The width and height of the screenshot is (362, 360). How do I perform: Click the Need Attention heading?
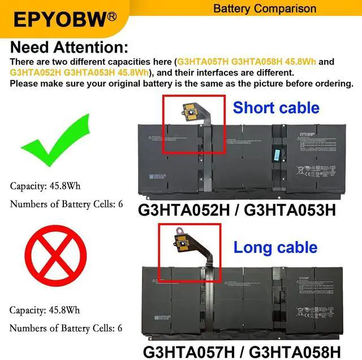[69, 47]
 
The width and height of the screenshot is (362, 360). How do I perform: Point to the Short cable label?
[276, 108]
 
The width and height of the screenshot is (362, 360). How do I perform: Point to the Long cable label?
[275, 247]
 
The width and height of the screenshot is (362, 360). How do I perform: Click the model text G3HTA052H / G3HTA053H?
[237, 209]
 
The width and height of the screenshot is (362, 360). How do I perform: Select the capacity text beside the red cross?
[45, 310]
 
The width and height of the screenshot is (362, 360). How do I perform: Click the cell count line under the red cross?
[66, 328]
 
